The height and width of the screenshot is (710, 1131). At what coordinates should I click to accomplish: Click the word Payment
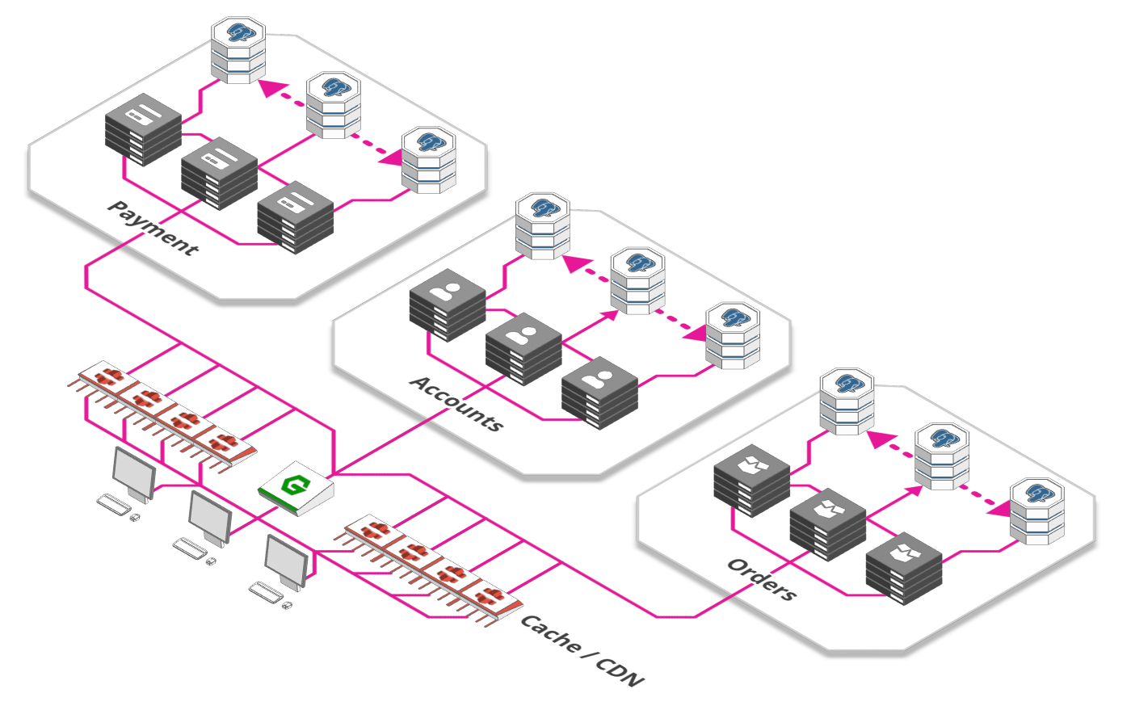point(153,229)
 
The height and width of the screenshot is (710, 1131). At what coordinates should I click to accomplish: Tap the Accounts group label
point(457,404)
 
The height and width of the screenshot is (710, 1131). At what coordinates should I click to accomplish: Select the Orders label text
point(763,579)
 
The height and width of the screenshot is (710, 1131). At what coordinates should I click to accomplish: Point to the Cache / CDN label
point(582,650)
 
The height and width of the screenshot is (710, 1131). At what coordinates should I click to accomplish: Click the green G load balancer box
point(296,488)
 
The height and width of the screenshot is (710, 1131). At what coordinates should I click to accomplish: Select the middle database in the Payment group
point(334,104)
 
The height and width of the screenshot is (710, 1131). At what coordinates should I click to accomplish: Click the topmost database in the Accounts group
point(543,225)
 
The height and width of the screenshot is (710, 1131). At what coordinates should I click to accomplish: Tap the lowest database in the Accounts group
point(734,335)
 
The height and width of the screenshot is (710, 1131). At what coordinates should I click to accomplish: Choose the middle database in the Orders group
point(942,456)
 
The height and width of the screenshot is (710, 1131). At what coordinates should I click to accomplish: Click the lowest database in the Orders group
point(1037,511)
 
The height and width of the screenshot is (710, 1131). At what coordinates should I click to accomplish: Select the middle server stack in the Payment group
point(220,173)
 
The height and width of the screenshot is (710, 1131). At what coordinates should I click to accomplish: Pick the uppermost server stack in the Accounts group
point(448,305)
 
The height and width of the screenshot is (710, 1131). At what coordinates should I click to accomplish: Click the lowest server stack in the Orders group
point(904,568)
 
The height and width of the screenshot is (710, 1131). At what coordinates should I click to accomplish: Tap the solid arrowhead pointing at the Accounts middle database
point(610,316)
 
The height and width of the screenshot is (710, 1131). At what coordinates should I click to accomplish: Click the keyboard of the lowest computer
point(266,592)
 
